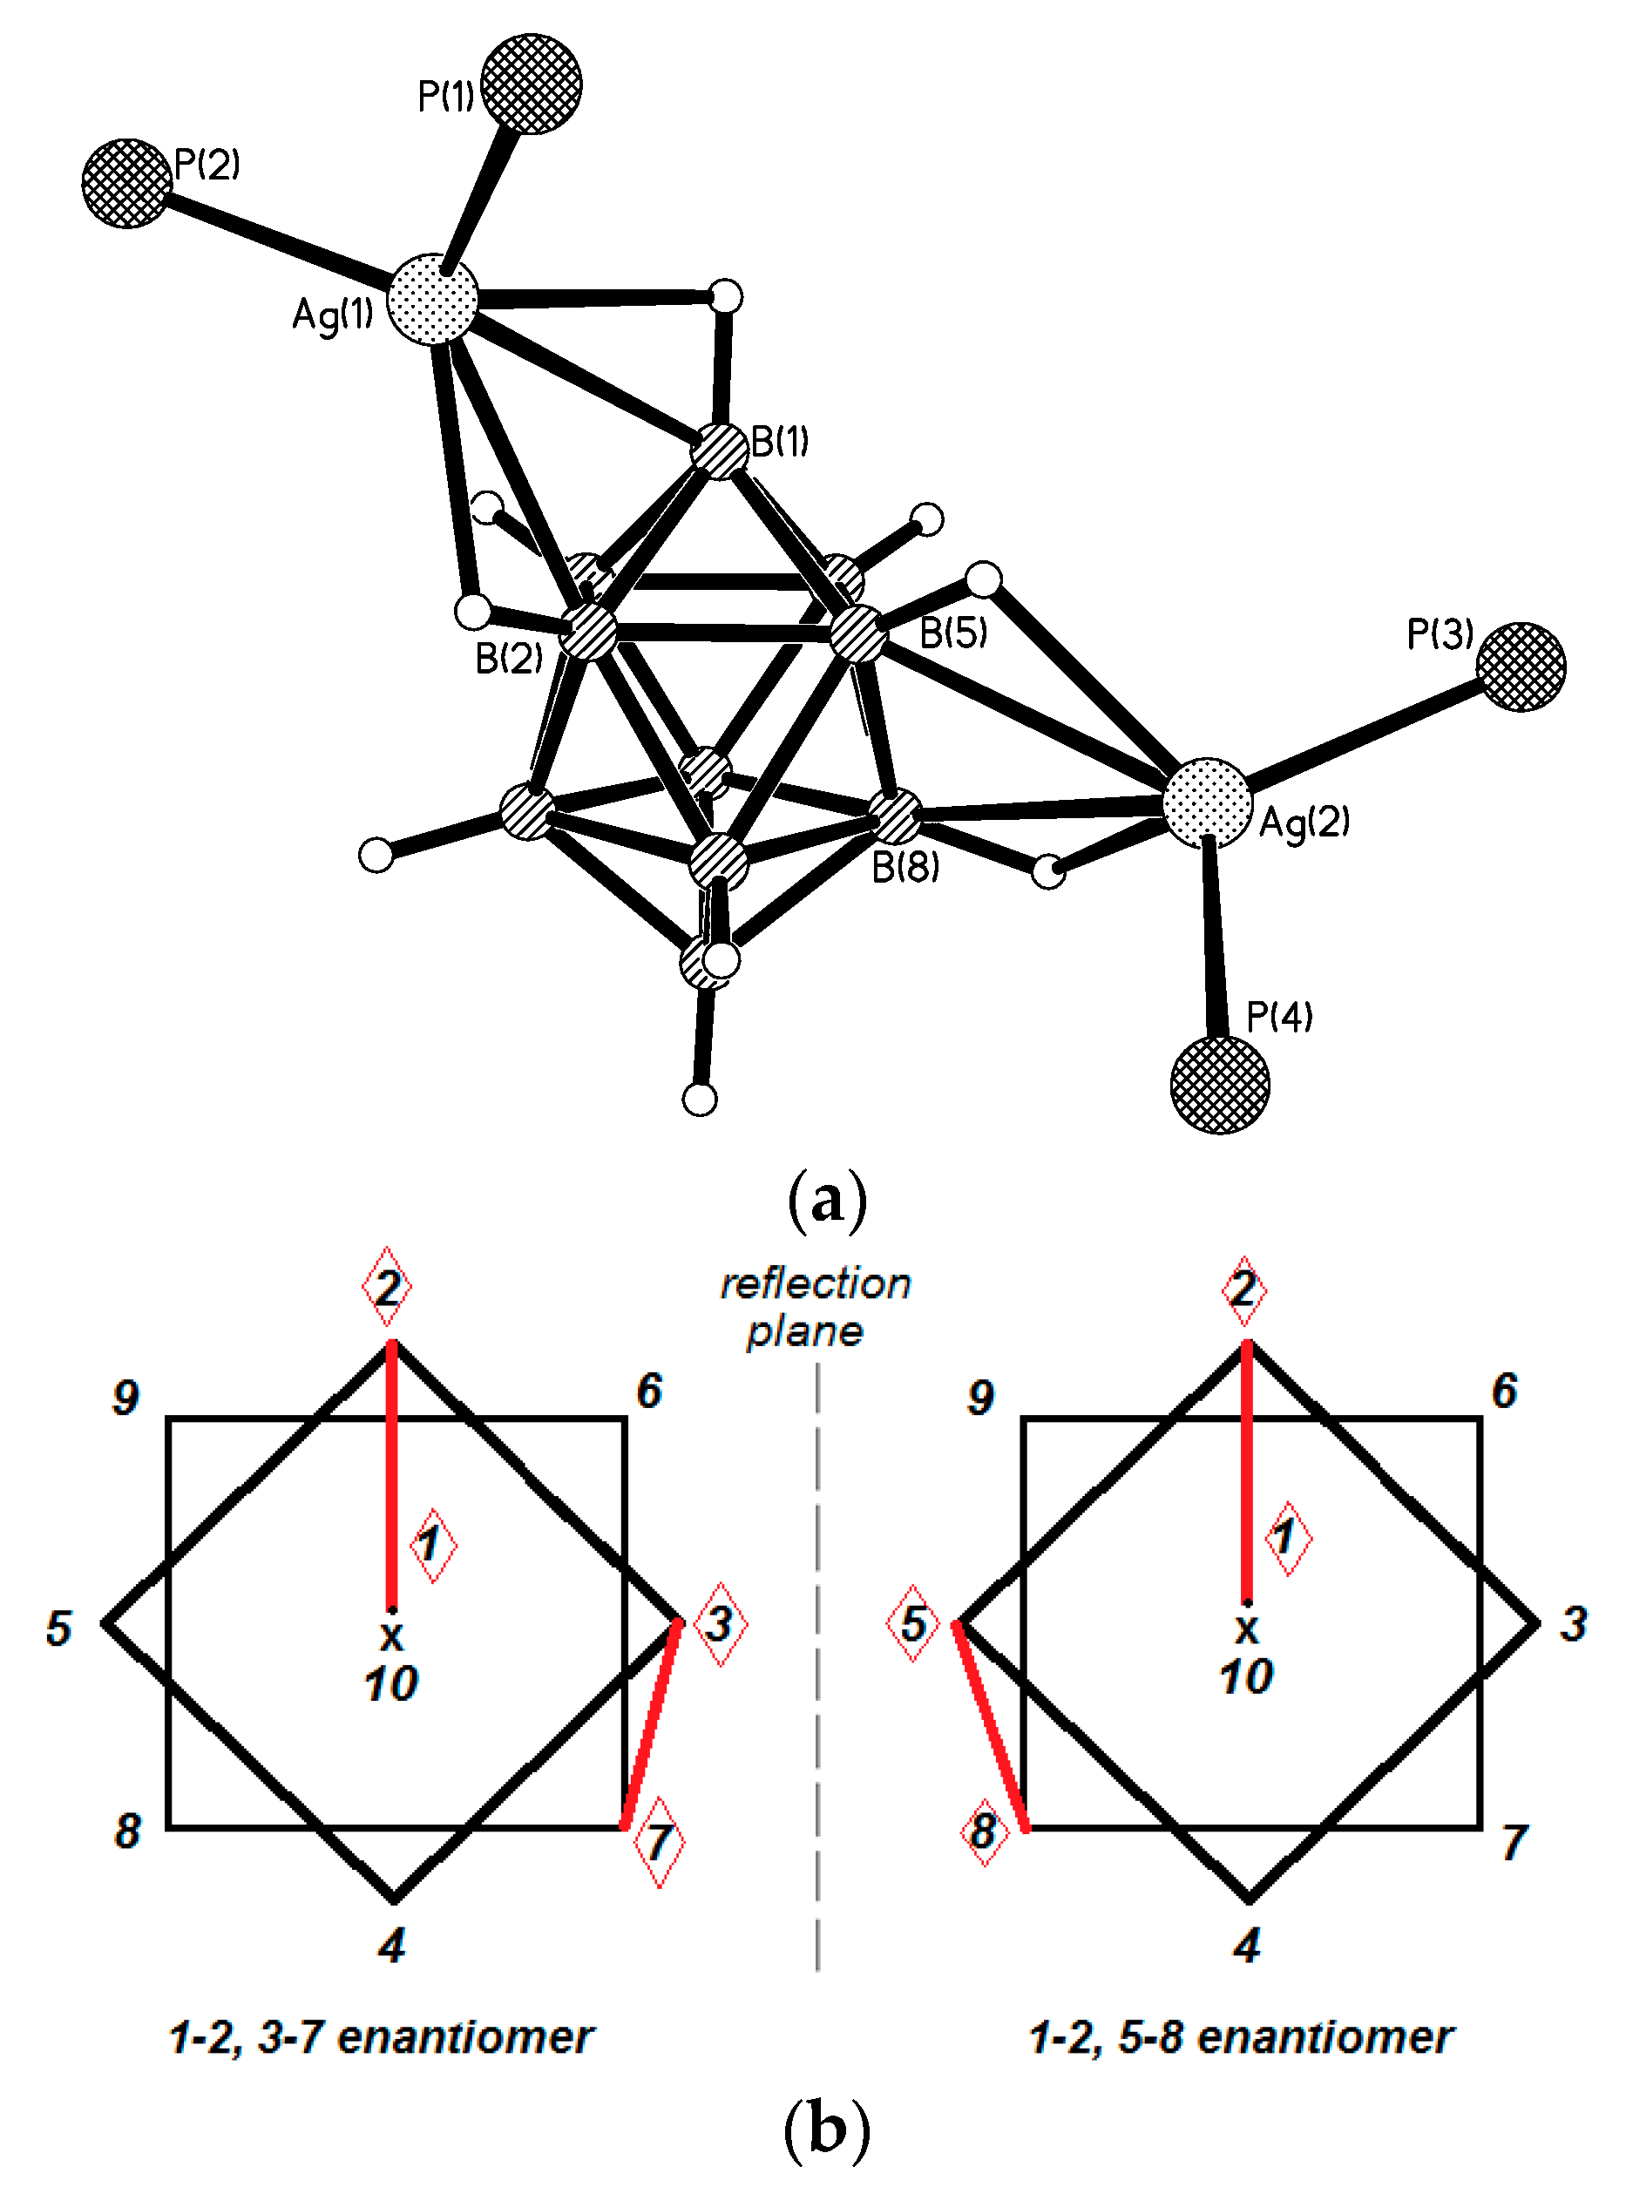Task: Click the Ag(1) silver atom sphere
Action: tap(432, 299)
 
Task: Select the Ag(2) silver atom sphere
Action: tap(1207, 802)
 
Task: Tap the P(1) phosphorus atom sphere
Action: tap(532, 84)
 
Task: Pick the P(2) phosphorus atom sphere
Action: tap(127, 183)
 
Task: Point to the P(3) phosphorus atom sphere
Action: tap(1521, 667)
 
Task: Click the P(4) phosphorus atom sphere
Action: tap(1220, 1085)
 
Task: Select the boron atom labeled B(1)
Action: tap(721, 451)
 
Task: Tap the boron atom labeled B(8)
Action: tap(895, 816)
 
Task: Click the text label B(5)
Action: tap(952, 633)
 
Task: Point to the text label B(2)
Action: tap(509, 659)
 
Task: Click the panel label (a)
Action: tap(827, 1200)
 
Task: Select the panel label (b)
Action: tap(827, 2129)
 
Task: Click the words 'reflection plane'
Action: tap(815, 1307)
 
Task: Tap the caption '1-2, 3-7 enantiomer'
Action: tap(381, 2036)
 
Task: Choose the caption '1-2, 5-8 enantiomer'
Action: tap(1240, 2036)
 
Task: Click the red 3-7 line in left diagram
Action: tap(651, 1723)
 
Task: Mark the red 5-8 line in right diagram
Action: tap(991, 1726)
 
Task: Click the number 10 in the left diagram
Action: tap(390, 1683)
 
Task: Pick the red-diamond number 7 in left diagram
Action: tap(659, 1842)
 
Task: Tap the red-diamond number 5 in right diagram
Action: tap(913, 1623)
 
